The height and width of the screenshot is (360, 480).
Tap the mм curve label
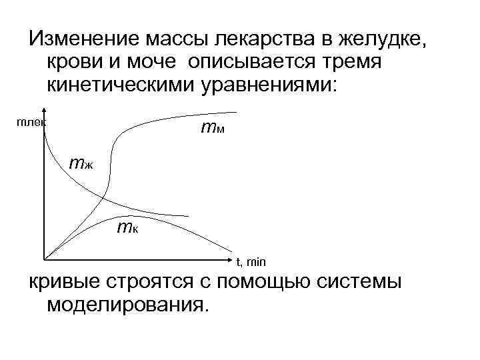213,127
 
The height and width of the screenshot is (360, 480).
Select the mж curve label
83,163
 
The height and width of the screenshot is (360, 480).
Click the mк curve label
126,228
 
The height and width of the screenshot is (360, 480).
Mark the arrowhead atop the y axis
45,112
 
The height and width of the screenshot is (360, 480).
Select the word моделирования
123,305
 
